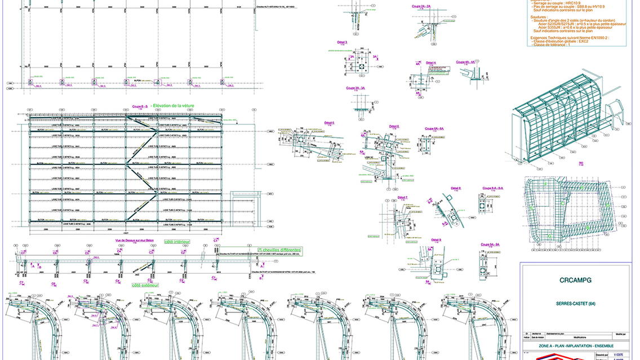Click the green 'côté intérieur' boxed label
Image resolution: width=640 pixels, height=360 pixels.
pyautogui.click(x=176, y=242)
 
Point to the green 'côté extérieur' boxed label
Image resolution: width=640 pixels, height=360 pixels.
pyautogui.click(x=145, y=285)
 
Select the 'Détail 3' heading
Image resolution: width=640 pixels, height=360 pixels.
pyautogui.click(x=342, y=42)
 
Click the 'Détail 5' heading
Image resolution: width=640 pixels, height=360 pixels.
pyautogui.click(x=329, y=123)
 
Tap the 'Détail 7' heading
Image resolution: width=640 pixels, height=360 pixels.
pyautogui.click(x=403, y=197)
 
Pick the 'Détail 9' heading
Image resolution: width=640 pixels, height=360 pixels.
pyautogui.click(x=435, y=239)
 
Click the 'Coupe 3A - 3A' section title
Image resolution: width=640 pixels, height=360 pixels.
pyautogui.click(x=356, y=88)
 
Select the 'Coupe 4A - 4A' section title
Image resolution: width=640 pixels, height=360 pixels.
pyautogui.click(x=466, y=62)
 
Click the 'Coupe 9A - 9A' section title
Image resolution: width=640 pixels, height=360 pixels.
pyautogui.click(x=491, y=245)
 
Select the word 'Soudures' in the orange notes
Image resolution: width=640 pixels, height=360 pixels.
pyautogui.click(x=539, y=17)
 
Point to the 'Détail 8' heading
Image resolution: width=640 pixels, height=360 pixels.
pyautogui.click(x=456, y=188)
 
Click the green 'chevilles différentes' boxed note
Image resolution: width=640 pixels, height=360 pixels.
pyautogui.click(x=280, y=250)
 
